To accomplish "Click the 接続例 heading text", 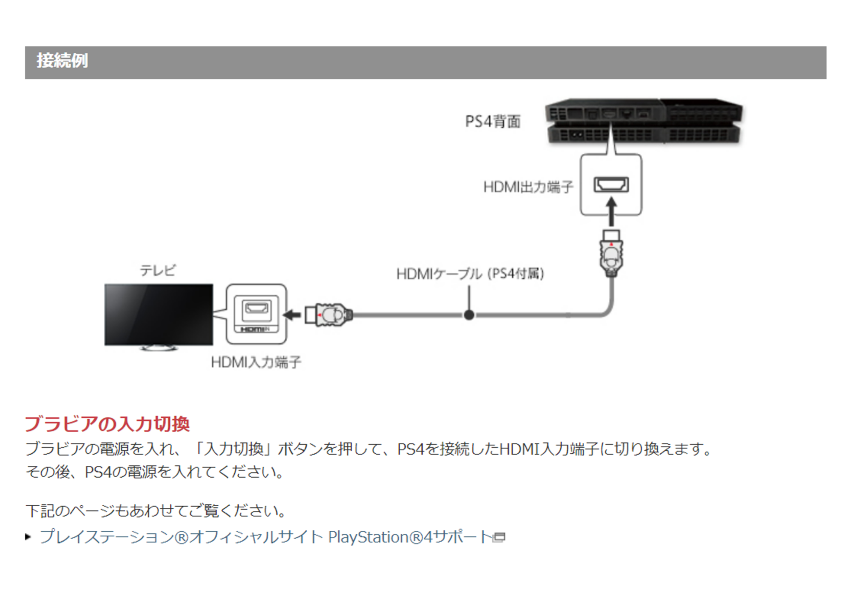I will [62, 61].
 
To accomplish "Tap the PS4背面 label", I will [492, 121].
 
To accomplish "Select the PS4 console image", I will [643, 121].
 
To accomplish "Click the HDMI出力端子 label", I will [528, 187].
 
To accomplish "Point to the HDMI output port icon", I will [611, 185].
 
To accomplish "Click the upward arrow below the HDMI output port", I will [611, 211].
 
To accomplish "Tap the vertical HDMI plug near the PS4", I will [611, 253].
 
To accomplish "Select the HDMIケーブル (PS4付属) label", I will [470, 274].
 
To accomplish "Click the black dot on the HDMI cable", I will [469, 315].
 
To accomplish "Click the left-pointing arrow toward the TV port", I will [292, 315].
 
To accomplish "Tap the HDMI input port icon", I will [256, 309].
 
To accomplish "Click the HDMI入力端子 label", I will [256, 362].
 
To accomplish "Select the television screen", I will [158, 314].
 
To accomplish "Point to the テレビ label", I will [158, 270].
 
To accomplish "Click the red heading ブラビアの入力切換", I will [107, 424].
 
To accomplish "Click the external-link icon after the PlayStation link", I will [499, 537].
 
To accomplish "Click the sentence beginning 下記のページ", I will [156, 511].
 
